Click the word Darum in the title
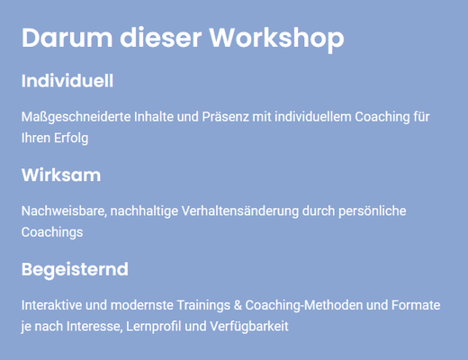tap(67, 38)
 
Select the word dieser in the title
tap(161, 38)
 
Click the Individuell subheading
tap(67, 81)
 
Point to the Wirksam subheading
tap(61, 175)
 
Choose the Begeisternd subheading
tap(75, 270)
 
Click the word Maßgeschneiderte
tap(76, 117)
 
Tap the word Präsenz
tap(225, 117)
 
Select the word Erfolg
tap(71, 139)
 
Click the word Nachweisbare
tap(64, 211)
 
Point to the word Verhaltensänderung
tap(240, 211)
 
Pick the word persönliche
tap(373, 211)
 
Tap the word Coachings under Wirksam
tap(52, 232)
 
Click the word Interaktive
tap(51, 305)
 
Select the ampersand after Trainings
tap(238, 305)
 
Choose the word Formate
tap(416, 305)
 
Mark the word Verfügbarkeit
tap(249, 327)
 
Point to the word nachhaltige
tap(144, 211)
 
